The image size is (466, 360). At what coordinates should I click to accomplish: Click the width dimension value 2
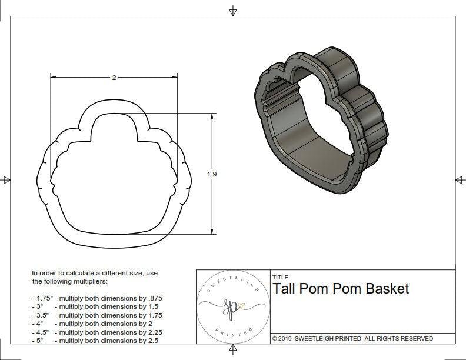[x=114, y=78]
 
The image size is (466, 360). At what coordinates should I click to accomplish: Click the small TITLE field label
[x=280, y=276]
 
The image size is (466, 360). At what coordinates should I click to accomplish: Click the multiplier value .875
[x=154, y=298]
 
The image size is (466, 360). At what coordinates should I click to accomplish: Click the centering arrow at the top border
[x=233, y=11]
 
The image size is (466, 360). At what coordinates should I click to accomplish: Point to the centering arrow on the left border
[x=6, y=179]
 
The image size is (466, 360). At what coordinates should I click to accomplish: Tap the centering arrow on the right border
[x=460, y=179]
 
